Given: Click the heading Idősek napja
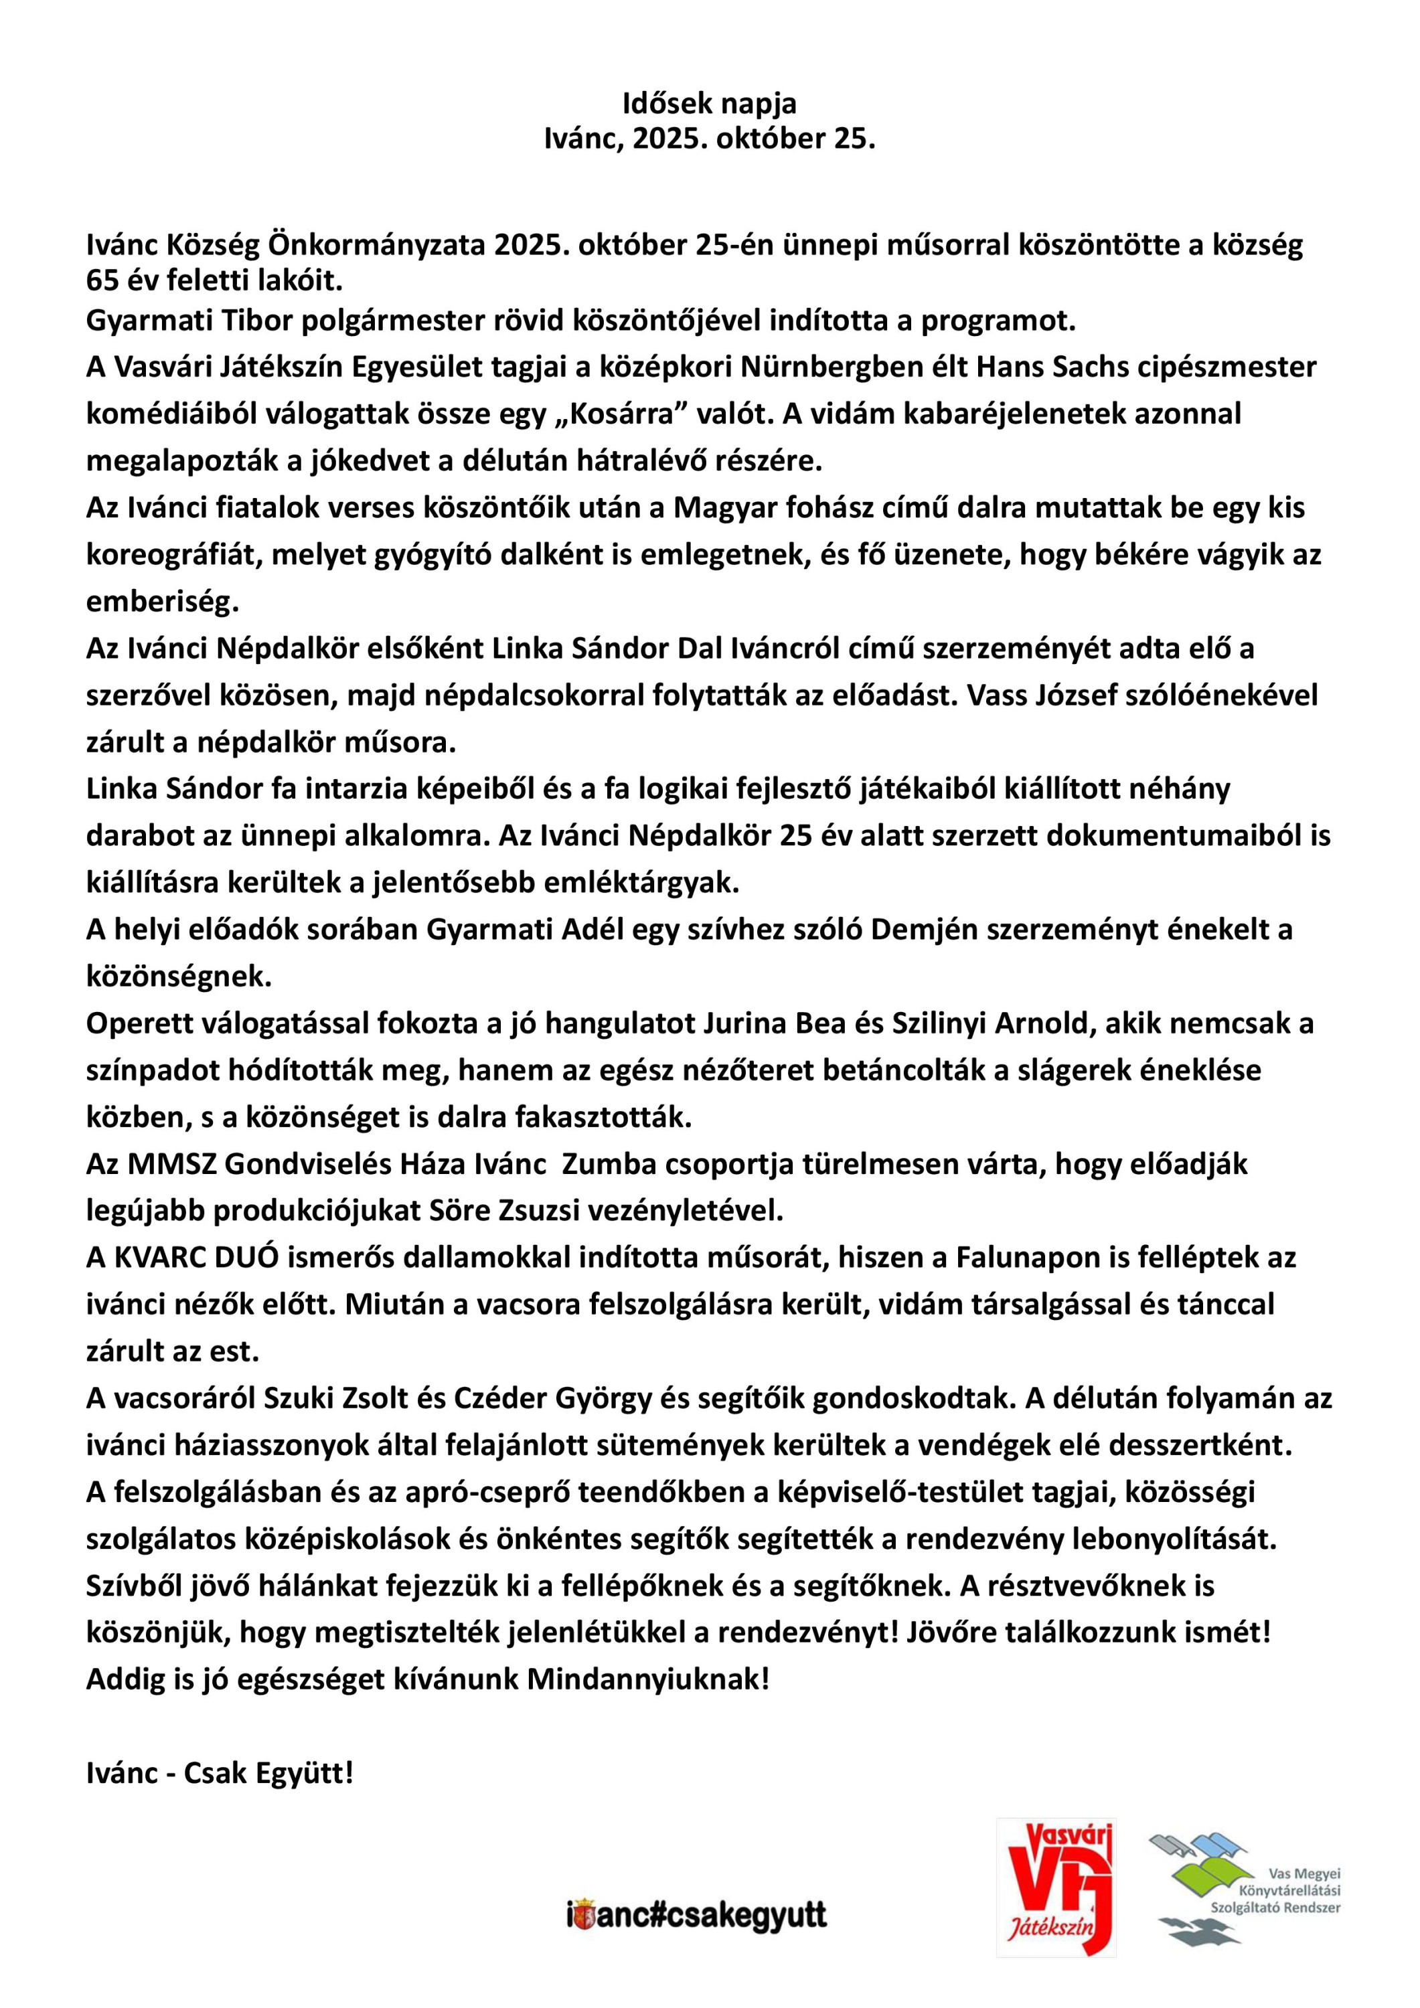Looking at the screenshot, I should pos(709,104).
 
